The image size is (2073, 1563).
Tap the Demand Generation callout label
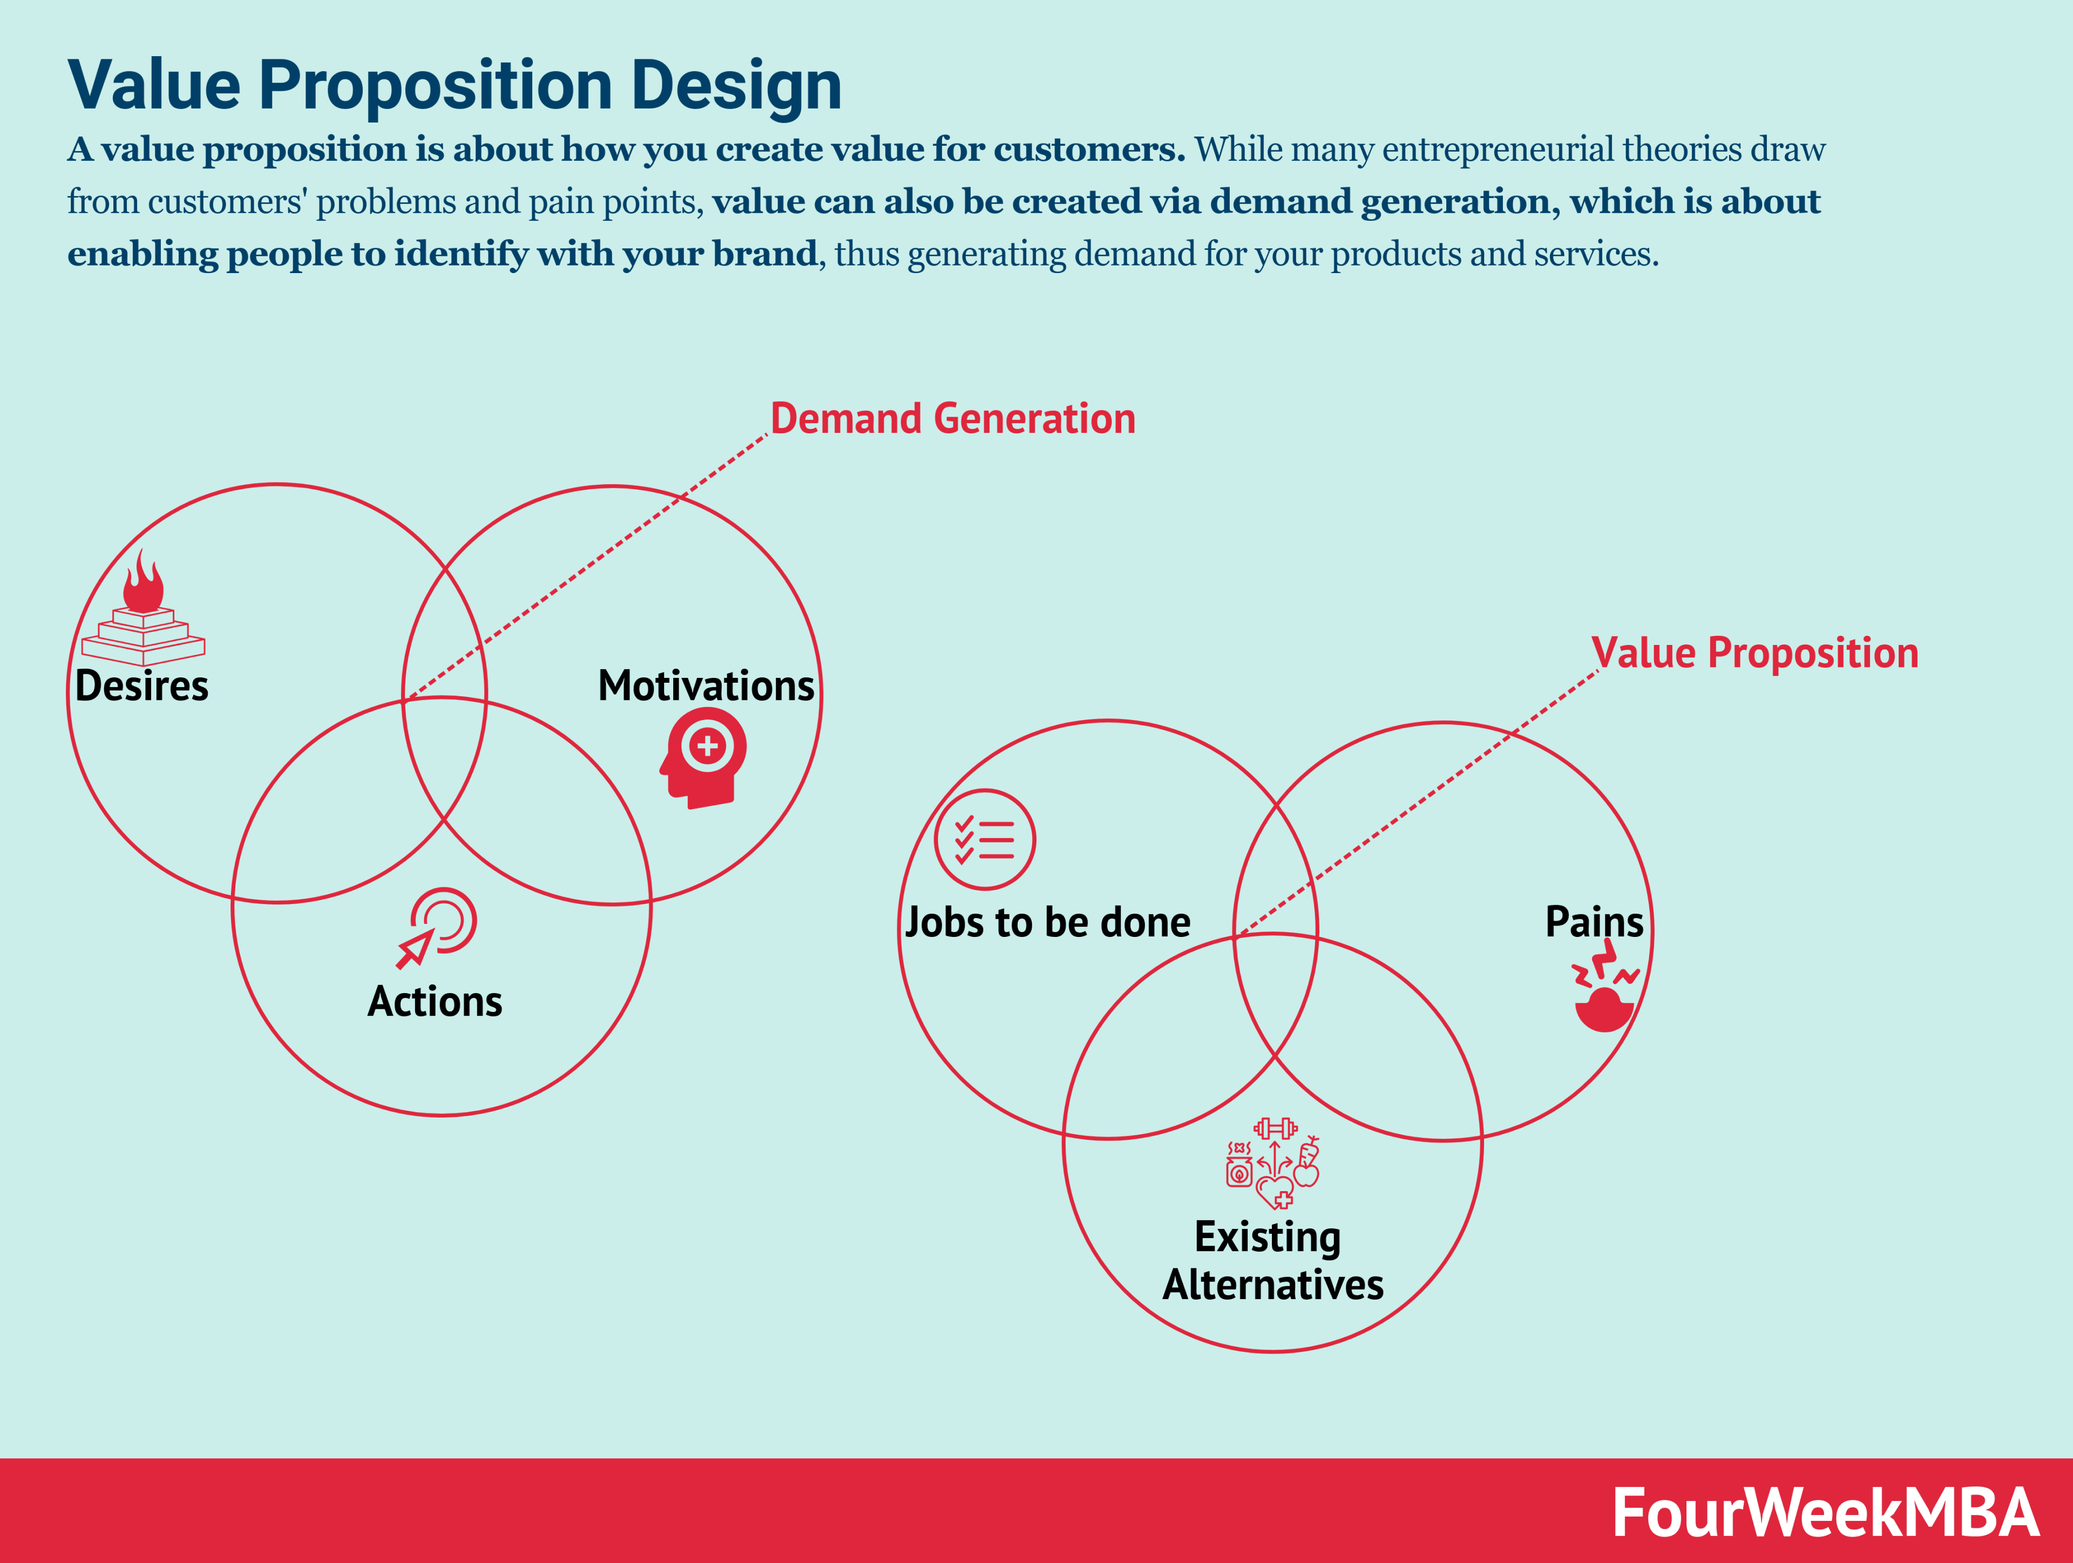952,419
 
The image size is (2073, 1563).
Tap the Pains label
1593,922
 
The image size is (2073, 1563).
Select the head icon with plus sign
704,757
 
